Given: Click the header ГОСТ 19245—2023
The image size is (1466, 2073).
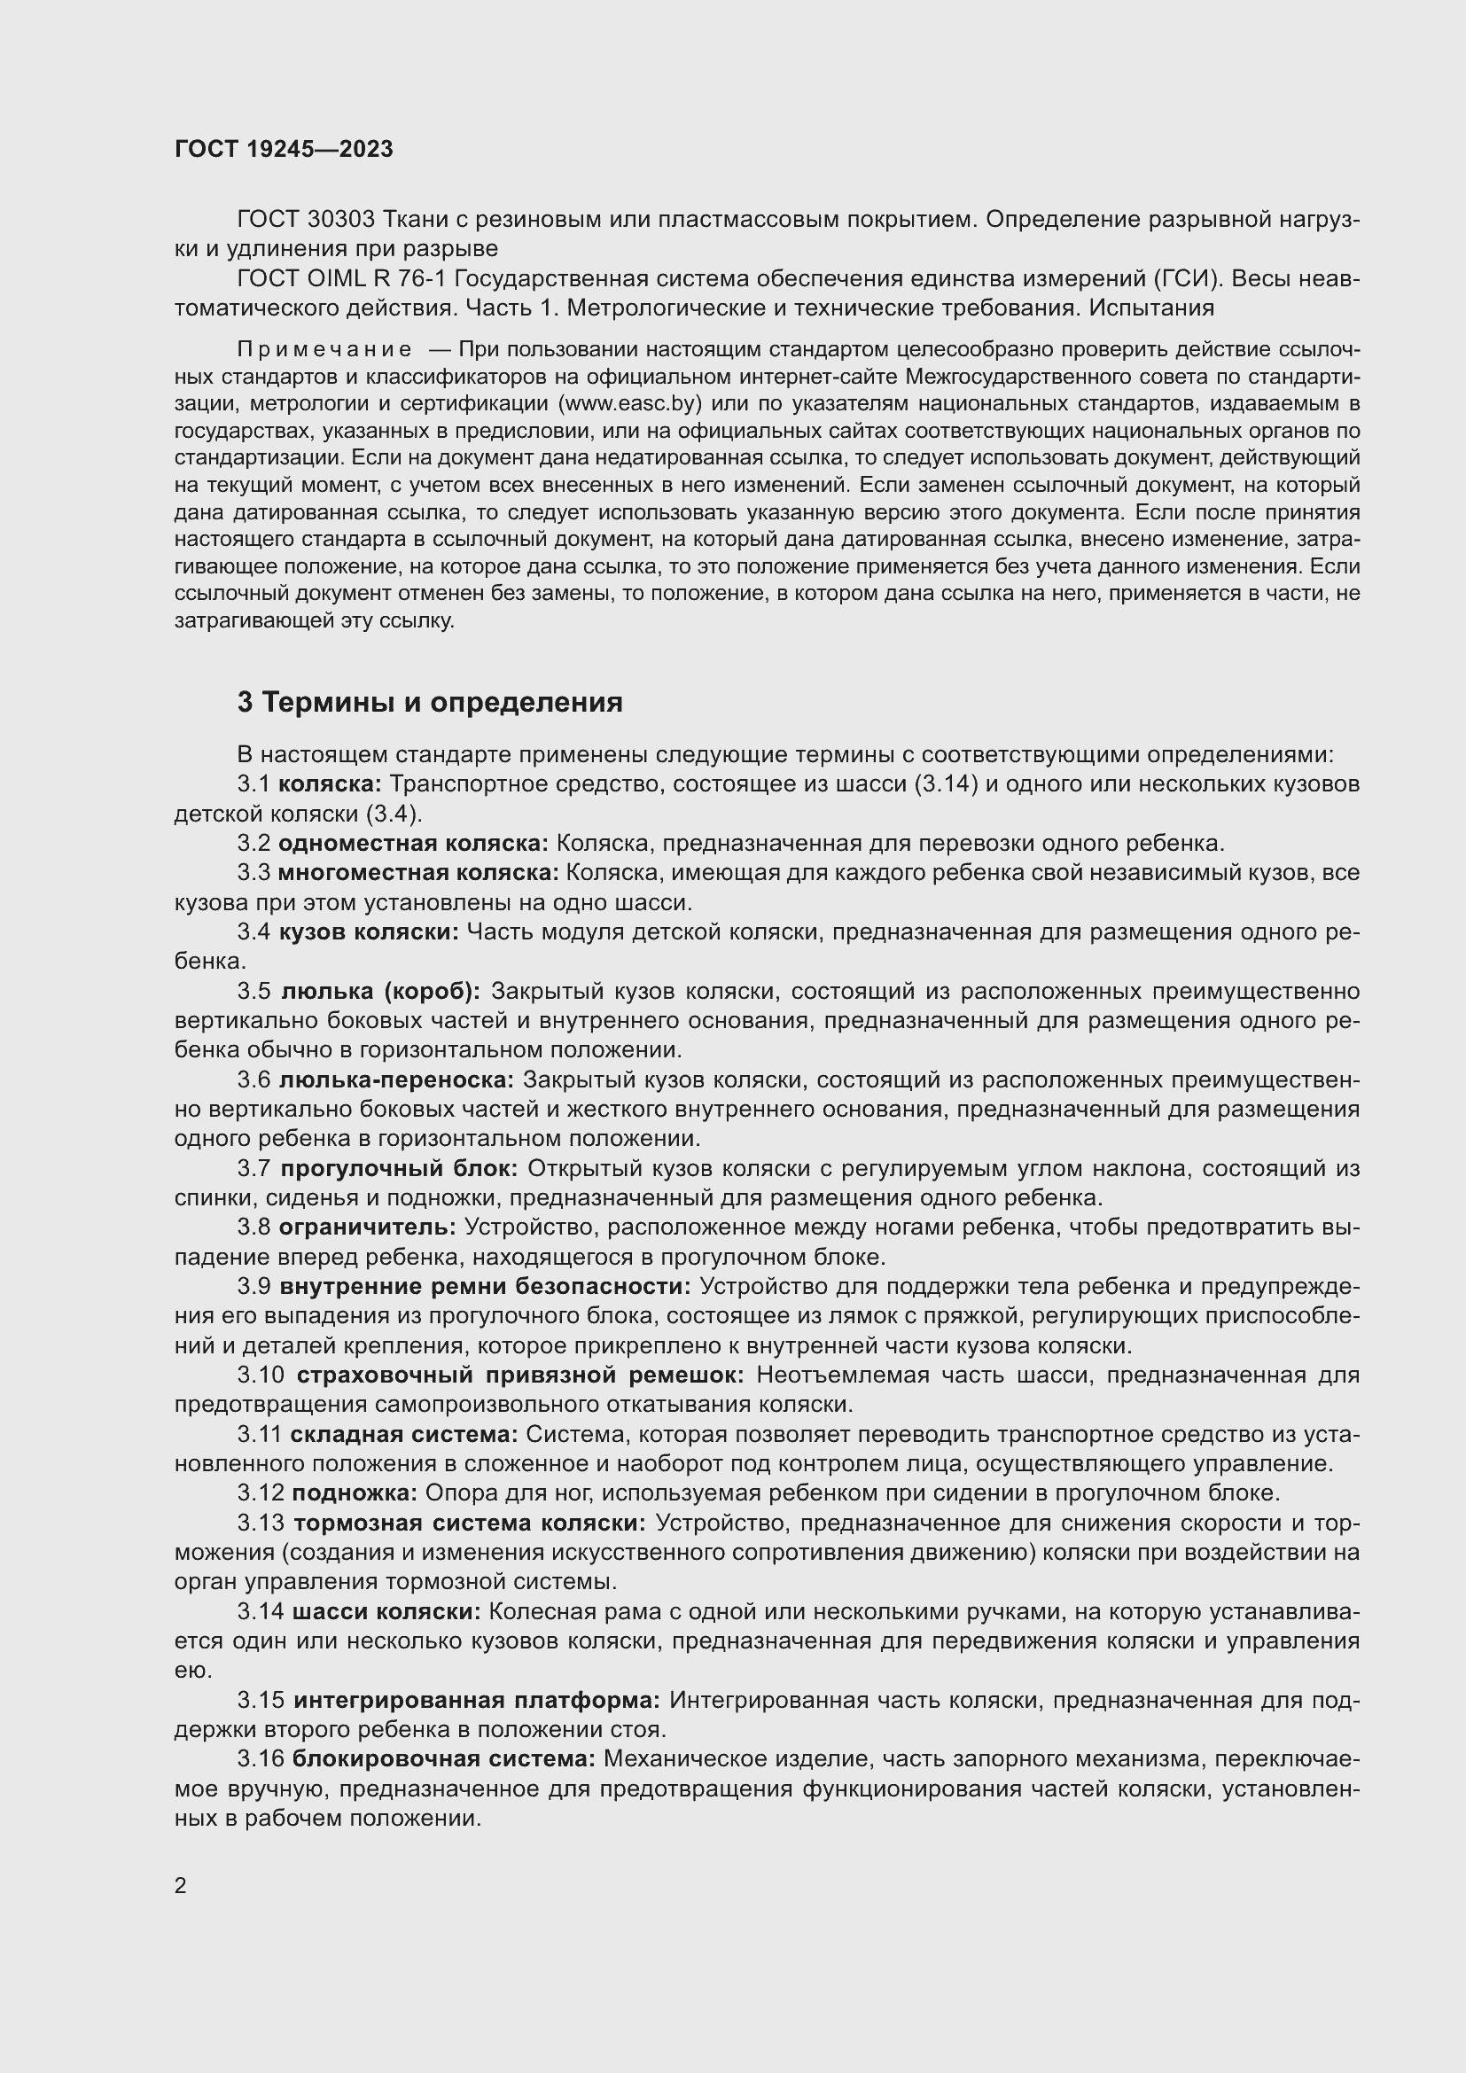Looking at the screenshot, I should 284,150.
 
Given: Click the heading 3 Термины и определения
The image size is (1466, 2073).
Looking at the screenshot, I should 430,703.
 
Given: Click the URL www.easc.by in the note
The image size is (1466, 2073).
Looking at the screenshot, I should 629,402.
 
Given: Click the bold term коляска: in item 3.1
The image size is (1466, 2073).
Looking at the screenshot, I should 331,783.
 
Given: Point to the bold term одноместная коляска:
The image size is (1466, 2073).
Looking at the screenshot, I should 413,843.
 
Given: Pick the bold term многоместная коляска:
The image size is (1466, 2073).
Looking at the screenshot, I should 418,873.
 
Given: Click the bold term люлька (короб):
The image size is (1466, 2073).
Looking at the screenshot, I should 381,992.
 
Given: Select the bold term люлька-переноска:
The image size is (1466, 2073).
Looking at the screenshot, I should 396,1079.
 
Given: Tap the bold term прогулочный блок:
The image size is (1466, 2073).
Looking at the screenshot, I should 399,1168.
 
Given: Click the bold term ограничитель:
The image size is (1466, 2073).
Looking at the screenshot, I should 369,1227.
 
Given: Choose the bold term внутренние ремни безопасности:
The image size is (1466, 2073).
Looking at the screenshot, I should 486,1287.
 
